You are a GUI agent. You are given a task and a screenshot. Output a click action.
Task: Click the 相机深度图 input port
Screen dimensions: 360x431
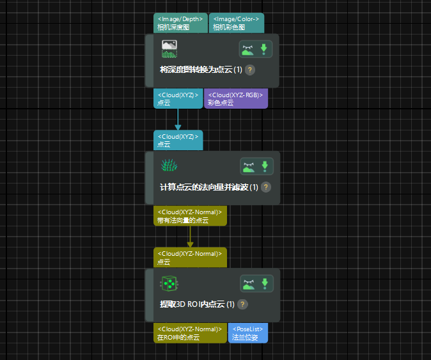(181, 23)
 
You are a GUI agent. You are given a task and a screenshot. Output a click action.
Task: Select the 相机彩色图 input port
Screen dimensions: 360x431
(236, 23)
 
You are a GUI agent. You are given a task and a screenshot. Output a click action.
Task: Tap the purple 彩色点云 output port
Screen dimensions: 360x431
(235, 98)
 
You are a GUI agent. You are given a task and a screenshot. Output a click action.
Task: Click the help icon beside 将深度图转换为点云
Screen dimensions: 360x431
(250, 70)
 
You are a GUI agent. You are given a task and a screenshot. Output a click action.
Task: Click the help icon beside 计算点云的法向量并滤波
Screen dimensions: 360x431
(266, 187)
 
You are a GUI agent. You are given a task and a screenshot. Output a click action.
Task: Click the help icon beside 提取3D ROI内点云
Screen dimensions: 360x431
(243, 304)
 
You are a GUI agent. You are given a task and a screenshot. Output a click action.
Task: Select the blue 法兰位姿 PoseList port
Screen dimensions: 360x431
(247, 333)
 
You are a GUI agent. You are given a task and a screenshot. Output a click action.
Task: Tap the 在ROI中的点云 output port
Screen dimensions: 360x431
(190, 333)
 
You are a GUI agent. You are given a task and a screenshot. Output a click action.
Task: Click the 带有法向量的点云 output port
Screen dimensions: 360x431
(190, 216)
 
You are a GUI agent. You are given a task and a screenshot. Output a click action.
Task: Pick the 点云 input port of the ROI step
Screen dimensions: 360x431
(190, 258)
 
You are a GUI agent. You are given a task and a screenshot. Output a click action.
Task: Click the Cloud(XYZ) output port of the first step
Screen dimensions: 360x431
(178, 98)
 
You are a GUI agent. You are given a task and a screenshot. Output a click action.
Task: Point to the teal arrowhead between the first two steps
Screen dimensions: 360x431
(178, 127)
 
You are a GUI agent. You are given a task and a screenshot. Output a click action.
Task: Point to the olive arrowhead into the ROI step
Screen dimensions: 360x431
(190, 244)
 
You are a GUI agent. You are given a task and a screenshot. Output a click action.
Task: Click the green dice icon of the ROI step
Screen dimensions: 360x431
(169, 283)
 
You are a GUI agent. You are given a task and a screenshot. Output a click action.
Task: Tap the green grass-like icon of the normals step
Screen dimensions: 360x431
(169, 166)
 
